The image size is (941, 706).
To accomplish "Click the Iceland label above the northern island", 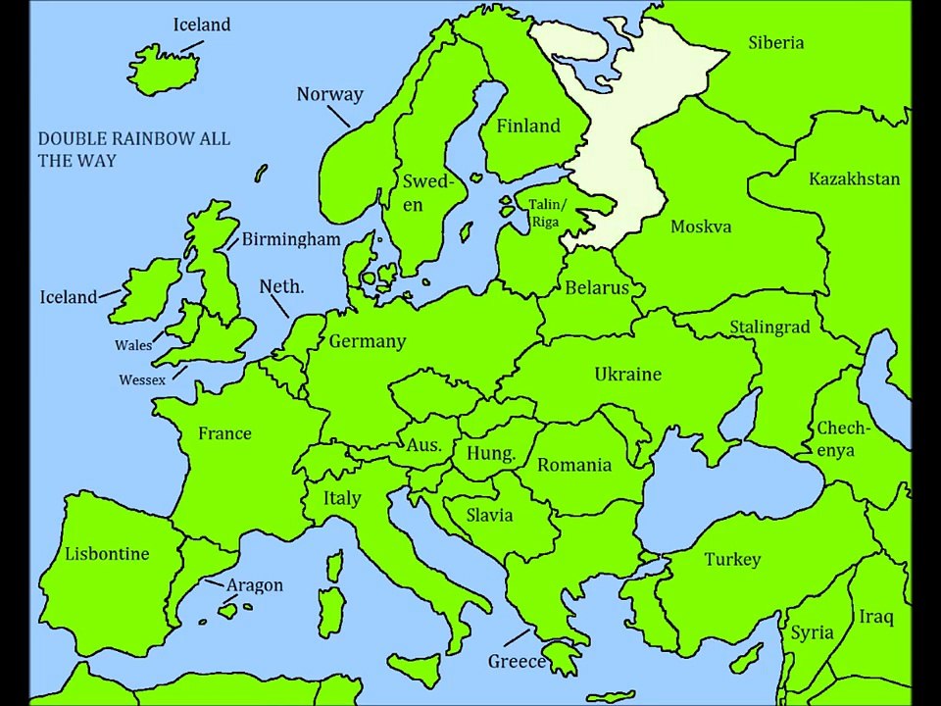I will click(202, 25).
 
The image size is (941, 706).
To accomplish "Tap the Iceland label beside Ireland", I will click(68, 297).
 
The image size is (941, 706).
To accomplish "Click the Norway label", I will click(329, 94).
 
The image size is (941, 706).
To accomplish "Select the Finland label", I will click(528, 126).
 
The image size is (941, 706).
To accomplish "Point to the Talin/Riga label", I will click(547, 213).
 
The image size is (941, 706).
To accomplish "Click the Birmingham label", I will click(291, 239).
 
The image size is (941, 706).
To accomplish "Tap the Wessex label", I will click(142, 379).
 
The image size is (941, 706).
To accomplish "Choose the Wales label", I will click(133, 345).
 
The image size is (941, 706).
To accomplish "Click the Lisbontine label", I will click(107, 554).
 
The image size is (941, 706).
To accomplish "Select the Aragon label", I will click(255, 585).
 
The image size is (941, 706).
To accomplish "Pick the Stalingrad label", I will click(769, 327).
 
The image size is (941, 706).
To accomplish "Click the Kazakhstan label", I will click(854, 178).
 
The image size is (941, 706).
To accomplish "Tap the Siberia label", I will click(775, 42).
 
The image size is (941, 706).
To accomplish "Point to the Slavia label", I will click(489, 515).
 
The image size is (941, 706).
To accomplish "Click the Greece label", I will click(517, 662).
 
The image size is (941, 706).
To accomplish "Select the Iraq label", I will click(876, 617).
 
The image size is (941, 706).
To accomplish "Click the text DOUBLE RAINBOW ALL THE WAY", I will click(134, 149).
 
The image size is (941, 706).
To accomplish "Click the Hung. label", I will click(490, 454).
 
